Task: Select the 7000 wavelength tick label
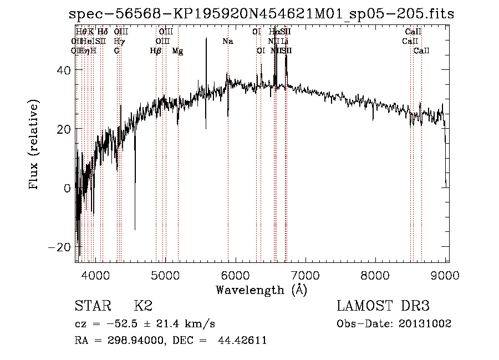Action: coord(307,276)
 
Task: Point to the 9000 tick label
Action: coord(447,276)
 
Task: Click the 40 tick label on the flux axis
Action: coord(64,70)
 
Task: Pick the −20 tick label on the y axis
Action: coord(59,246)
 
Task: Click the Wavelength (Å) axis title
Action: coord(261,290)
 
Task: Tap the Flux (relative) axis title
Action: coord(34,145)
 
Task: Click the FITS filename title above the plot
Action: coord(261,13)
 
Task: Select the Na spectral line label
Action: coord(228,41)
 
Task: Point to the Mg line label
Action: coord(177,50)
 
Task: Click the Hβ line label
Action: coord(156,50)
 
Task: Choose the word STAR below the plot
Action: coord(92,306)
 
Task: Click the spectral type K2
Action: coord(143,306)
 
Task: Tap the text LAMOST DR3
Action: coord(383,306)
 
